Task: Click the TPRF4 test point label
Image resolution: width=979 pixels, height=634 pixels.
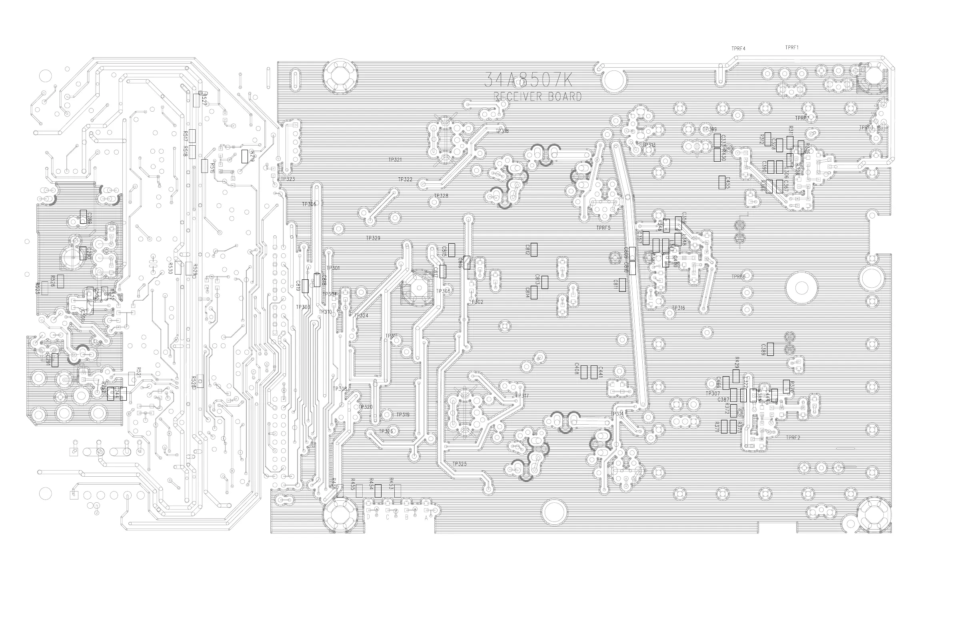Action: pyautogui.click(x=738, y=48)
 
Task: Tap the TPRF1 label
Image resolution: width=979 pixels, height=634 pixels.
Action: pyautogui.click(x=791, y=47)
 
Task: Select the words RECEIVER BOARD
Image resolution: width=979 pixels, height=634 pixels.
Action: pyautogui.click(x=537, y=97)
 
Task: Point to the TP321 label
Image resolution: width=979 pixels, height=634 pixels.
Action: pyautogui.click(x=395, y=160)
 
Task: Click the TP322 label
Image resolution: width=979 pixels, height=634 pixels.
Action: pyautogui.click(x=405, y=179)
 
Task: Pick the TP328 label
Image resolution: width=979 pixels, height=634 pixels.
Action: pyautogui.click(x=441, y=196)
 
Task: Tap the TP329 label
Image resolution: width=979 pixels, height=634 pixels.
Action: pyautogui.click(x=373, y=239)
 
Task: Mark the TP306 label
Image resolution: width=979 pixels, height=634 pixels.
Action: pyautogui.click(x=309, y=205)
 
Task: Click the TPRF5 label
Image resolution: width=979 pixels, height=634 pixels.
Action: pyautogui.click(x=603, y=228)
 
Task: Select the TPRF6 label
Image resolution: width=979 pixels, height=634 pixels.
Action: pyautogui.click(x=738, y=277)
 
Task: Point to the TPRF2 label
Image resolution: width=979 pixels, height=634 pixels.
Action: pyautogui.click(x=793, y=437)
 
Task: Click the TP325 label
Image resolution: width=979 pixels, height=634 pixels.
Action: pyautogui.click(x=460, y=464)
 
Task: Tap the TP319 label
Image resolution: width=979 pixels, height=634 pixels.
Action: pyautogui.click(x=403, y=415)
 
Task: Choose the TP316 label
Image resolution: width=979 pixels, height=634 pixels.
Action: pyautogui.click(x=678, y=308)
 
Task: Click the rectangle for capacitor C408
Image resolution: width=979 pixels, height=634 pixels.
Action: pyautogui.click(x=584, y=372)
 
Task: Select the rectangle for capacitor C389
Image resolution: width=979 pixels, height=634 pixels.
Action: pyautogui.click(x=770, y=349)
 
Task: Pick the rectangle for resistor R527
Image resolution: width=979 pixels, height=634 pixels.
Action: pyautogui.click(x=197, y=100)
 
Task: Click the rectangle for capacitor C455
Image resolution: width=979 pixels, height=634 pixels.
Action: pyautogui.click(x=722, y=183)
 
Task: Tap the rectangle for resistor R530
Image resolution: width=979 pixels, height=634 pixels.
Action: pyautogui.click(x=178, y=268)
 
